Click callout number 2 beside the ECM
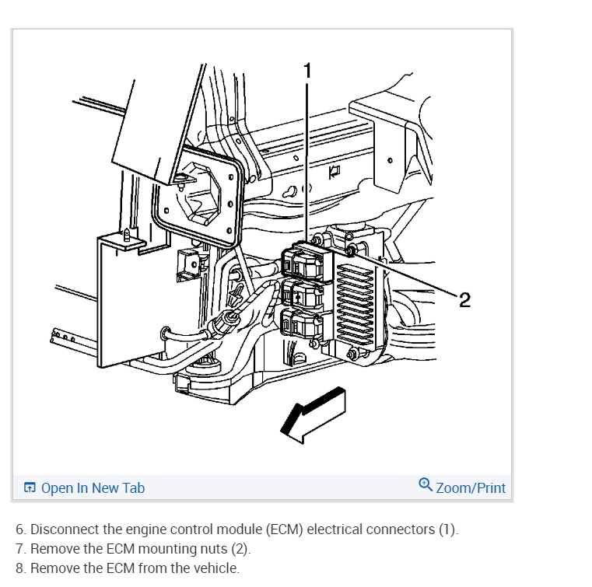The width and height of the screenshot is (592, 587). [x=464, y=300]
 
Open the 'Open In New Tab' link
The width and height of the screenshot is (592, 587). [x=92, y=488]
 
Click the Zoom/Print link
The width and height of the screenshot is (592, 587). [x=470, y=488]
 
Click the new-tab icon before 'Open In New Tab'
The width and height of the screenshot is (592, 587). [x=30, y=488]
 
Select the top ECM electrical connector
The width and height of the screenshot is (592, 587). [x=302, y=260]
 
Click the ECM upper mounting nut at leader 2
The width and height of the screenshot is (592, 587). [x=351, y=250]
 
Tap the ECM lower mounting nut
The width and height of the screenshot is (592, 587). [x=354, y=355]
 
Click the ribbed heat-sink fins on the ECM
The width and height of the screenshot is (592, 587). [x=360, y=299]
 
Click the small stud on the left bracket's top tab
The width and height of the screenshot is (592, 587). [x=126, y=234]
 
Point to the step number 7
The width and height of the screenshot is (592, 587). [x=19, y=549]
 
